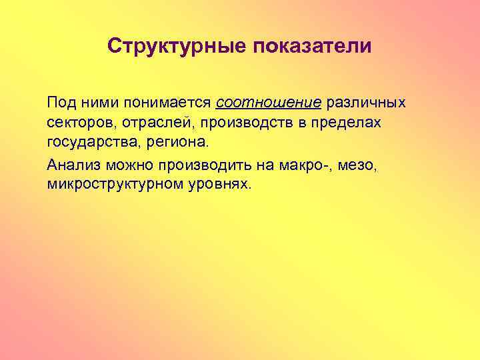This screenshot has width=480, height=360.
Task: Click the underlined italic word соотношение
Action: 269,104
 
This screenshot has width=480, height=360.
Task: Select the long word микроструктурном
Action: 115,184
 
